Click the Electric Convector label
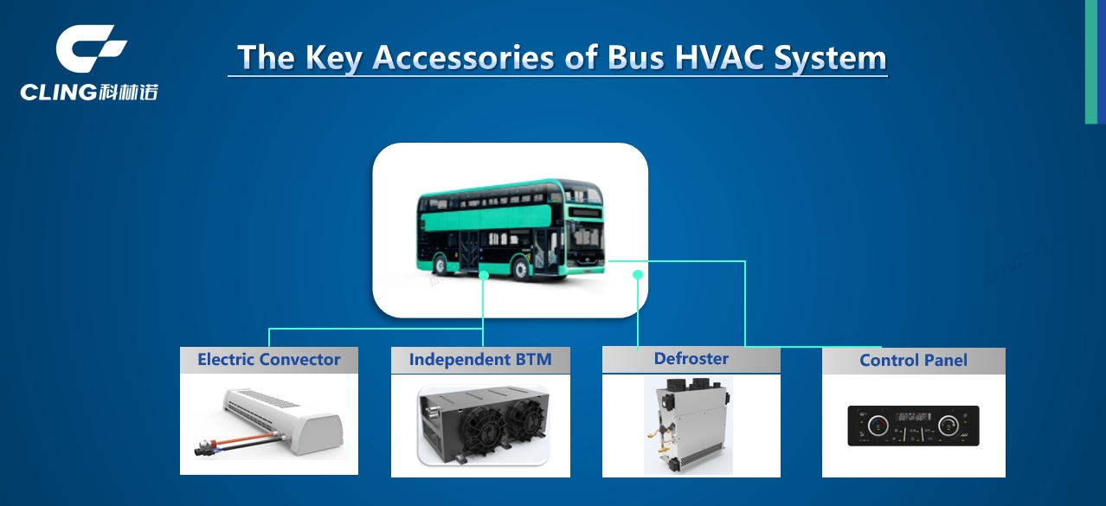(x=268, y=360)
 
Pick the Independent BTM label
(x=480, y=360)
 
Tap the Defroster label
(x=691, y=358)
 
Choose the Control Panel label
(x=913, y=361)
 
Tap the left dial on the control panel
(x=878, y=425)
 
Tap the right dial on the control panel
(x=948, y=425)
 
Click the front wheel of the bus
(x=521, y=269)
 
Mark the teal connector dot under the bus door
(x=484, y=275)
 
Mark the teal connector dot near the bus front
(x=638, y=274)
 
